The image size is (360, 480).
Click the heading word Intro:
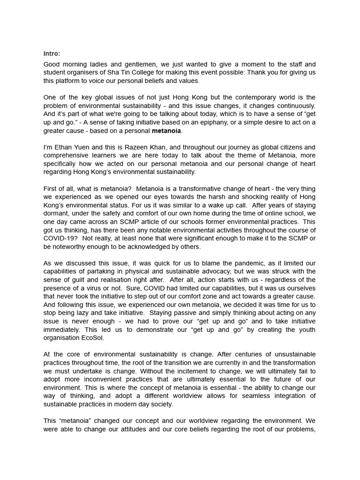coord(52,53)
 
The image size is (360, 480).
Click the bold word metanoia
coord(166,131)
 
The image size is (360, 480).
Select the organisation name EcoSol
coord(92,337)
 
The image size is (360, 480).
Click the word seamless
coord(260,396)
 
